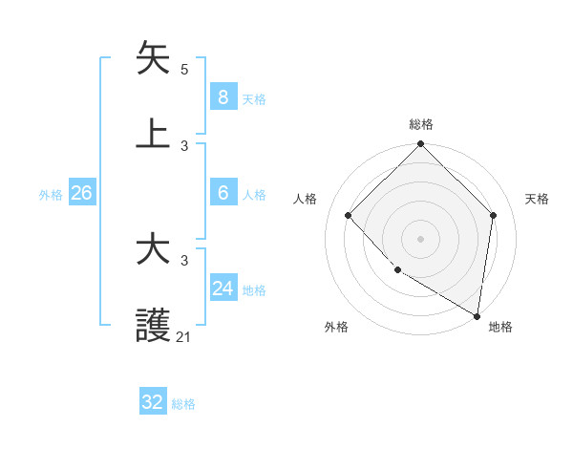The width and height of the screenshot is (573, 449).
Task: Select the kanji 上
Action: pyautogui.click(x=154, y=133)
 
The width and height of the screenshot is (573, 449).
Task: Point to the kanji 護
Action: pyautogui.click(x=154, y=325)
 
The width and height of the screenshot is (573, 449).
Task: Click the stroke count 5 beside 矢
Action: pyautogui.click(x=184, y=70)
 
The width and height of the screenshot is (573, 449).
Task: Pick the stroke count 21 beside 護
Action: pyautogui.click(x=183, y=336)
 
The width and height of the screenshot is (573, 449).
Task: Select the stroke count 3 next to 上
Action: pyautogui.click(x=184, y=145)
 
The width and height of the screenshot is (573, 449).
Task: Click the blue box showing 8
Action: pyautogui.click(x=223, y=96)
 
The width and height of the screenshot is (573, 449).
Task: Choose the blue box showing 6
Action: pyautogui.click(x=223, y=193)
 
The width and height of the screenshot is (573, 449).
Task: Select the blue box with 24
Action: pyautogui.click(x=223, y=289)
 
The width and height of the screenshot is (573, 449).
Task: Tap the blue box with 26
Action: pyautogui.click(x=81, y=193)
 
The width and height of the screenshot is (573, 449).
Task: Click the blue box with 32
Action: pyautogui.click(x=153, y=402)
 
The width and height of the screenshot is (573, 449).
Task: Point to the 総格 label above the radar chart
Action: pyautogui.click(x=421, y=124)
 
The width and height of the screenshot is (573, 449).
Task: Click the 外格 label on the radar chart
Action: pyautogui.click(x=336, y=328)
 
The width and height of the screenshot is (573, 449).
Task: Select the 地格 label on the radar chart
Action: pyautogui.click(x=500, y=328)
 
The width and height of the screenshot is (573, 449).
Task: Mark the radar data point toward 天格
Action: pyautogui.click(x=494, y=215)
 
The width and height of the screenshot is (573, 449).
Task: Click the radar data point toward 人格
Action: pyautogui.click(x=349, y=215)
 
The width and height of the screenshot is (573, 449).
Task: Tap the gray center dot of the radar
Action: pyautogui.click(x=421, y=238)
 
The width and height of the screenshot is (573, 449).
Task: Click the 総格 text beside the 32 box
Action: pyautogui.click(x=183, y=404)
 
